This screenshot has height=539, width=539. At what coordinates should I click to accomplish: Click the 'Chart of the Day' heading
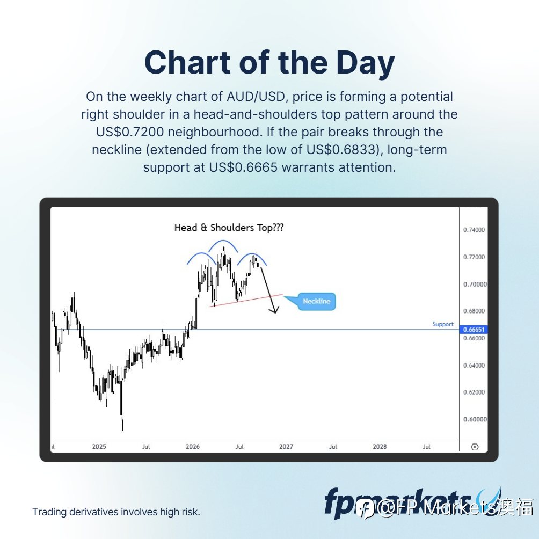pos(269,63)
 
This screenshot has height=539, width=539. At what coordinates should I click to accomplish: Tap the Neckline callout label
pos(316,301)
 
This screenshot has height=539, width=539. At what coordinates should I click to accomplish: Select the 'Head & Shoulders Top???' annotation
pos(229,228)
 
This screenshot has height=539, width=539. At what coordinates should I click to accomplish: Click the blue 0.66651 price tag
pos(474,329)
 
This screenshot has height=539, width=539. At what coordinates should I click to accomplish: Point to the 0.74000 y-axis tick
pos(474,230)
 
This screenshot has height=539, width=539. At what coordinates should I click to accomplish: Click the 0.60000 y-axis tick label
pos(475,419)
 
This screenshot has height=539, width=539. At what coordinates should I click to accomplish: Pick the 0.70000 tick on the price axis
pos(475,284)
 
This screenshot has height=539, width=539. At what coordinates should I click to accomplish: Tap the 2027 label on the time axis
pos(286,446)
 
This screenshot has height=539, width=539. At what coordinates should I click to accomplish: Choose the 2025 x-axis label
pos(99,446)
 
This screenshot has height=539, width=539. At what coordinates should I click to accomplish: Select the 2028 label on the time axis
pos(380,446)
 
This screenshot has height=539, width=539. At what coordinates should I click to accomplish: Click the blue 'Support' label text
pos(443,324)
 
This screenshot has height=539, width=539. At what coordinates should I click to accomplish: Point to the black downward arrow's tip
pos(275,313)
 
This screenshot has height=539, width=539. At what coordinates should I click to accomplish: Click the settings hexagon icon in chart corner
pos(475,447)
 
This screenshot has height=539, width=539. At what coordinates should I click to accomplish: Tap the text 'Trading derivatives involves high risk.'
pos(116,512)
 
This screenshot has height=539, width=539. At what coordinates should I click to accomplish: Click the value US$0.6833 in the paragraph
pos(340,150)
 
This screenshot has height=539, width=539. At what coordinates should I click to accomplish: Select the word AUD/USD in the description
pos(256,97)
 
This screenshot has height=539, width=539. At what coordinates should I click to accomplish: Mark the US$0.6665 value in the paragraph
pos(243,167)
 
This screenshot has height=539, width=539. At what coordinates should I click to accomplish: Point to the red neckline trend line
pos(245,301)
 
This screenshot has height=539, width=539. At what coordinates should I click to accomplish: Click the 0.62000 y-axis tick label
pos(474,392)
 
